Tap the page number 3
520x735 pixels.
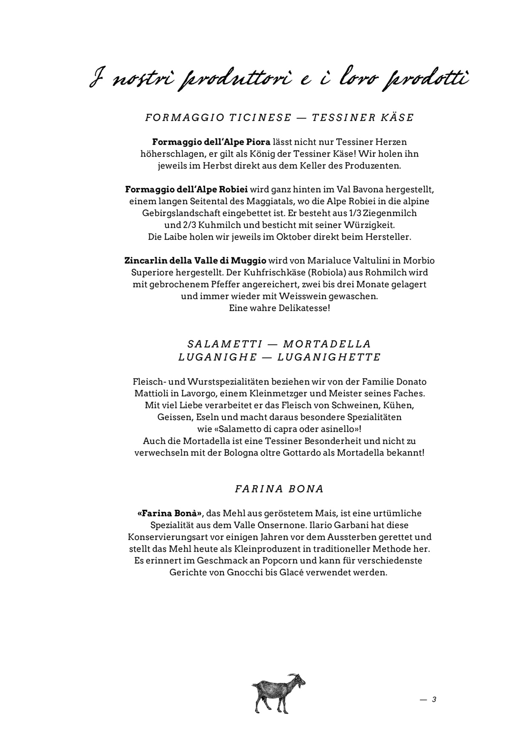[x=434, y=699]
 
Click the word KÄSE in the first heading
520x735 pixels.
[x=397, y=118]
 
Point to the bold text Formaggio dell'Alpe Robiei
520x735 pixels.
[x=187, y=189]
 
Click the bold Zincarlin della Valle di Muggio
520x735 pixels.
[x=195, y=260]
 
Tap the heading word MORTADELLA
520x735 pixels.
[x=327, y=344]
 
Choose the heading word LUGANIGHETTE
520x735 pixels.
[x=329, y=357]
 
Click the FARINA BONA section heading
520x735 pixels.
[x=279, y=489]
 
